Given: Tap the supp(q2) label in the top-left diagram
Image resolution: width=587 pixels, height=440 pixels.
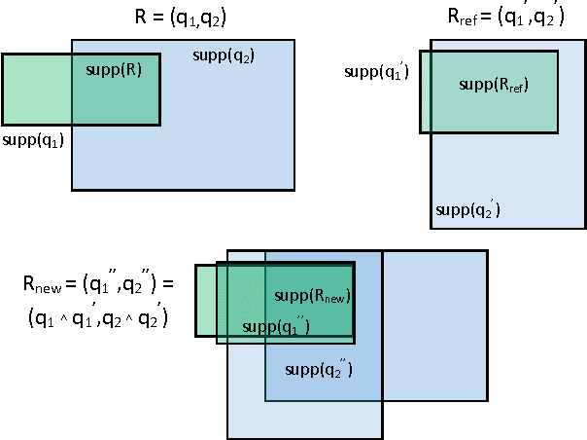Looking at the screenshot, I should point(224,55).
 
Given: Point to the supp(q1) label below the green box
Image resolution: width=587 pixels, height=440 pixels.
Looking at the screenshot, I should point(33,140).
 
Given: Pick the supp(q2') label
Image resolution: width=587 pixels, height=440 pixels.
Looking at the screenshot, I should point(467,209).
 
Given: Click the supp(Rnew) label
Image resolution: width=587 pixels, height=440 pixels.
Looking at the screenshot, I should point(312,296).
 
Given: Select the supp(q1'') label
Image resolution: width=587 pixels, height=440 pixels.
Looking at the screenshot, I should point(275,327).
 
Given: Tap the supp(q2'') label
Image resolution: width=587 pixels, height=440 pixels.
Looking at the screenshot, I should point(319,370).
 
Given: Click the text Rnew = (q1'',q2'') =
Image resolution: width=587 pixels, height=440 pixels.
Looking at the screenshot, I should point(97,284).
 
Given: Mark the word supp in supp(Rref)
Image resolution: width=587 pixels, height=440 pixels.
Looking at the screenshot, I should point(475,85).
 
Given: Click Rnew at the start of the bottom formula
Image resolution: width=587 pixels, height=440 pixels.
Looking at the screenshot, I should point(41,285).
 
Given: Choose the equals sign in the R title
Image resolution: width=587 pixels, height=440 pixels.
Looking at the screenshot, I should point(155,18).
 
